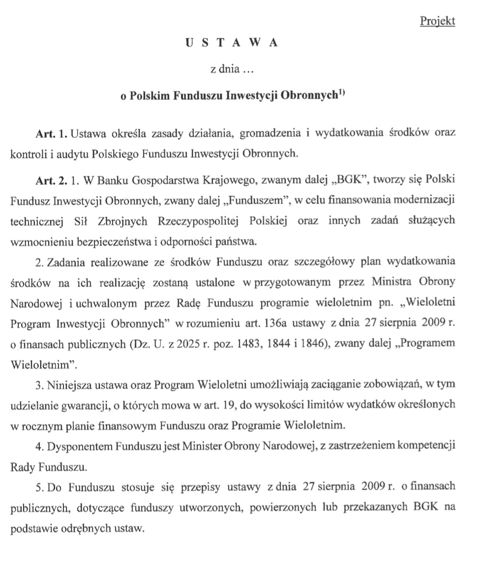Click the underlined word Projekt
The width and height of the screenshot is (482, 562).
click(x=438, y=21)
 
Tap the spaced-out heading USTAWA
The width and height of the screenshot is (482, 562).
click(x=231, y=43)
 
